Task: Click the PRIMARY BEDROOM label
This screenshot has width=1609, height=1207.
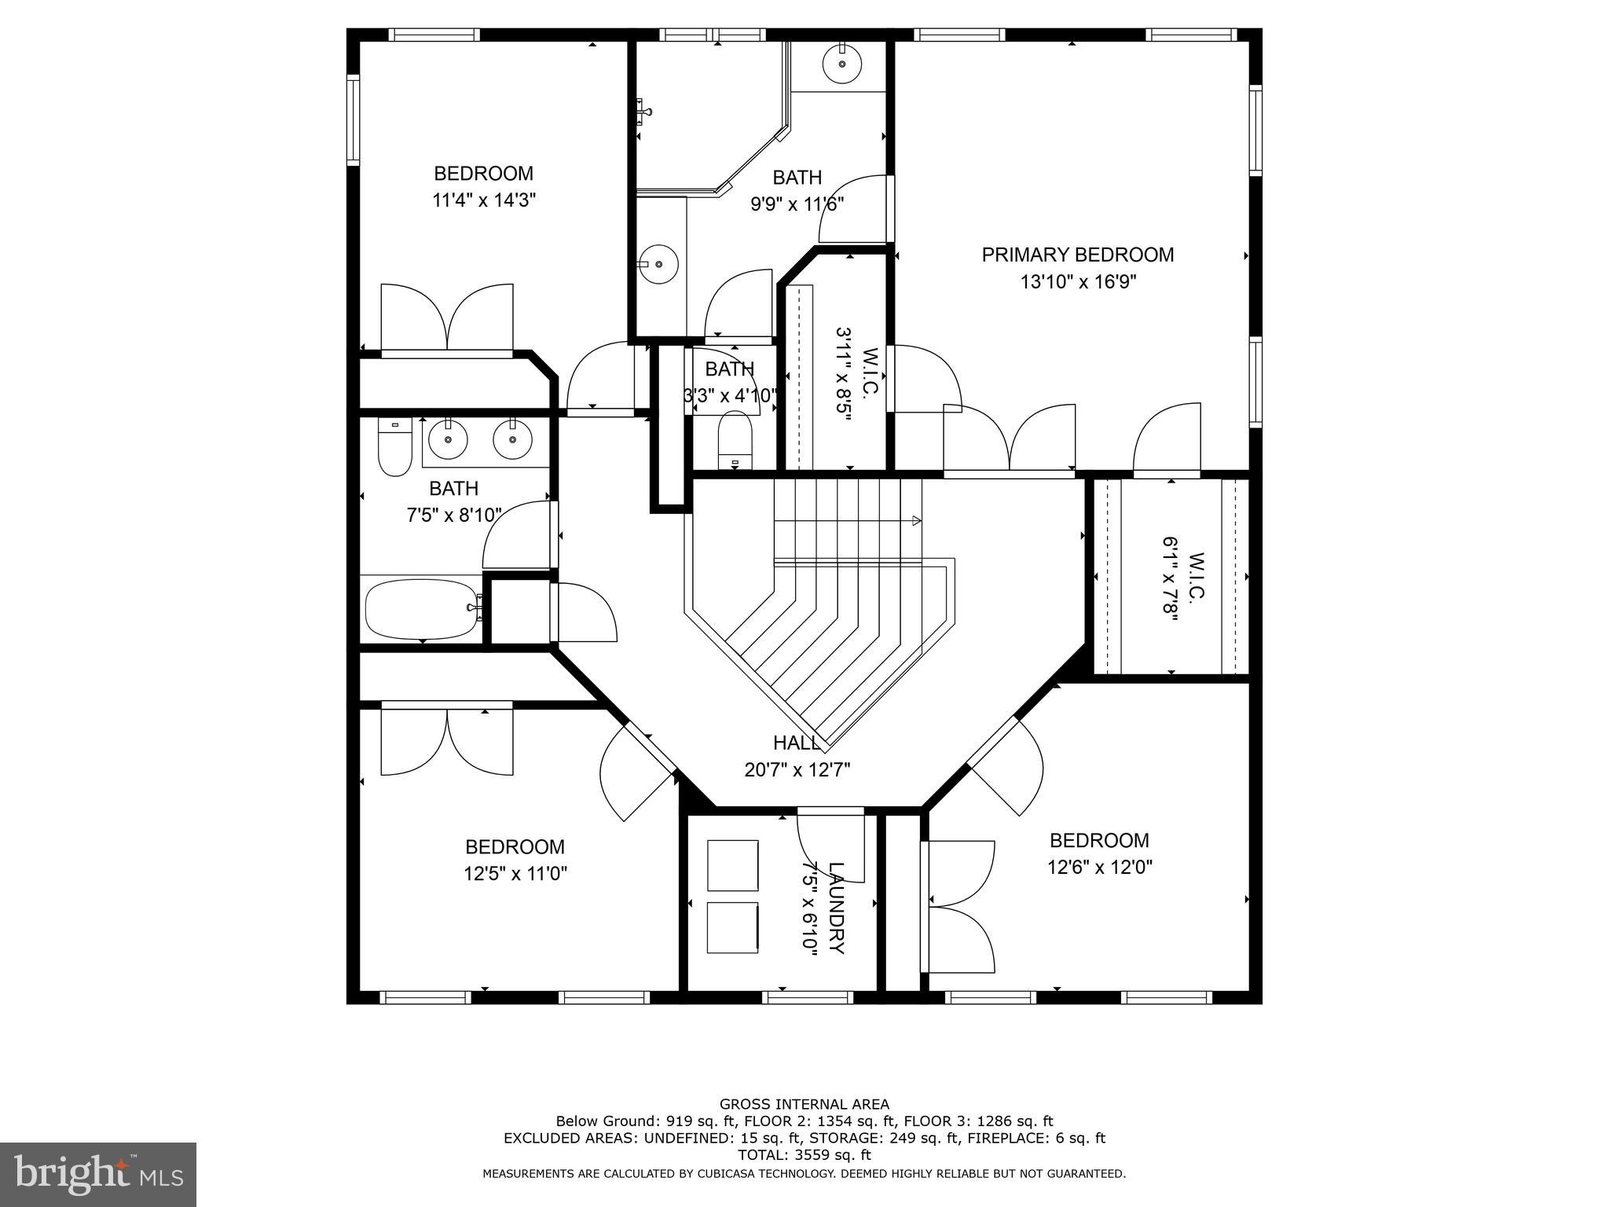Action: [x=1077, y=255]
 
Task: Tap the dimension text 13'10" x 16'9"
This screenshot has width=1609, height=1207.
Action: [x=1078, y=281]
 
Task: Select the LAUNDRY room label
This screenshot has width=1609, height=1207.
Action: [x=836, y=908]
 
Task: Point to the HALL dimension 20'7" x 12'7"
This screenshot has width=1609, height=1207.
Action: [x=797, y=769]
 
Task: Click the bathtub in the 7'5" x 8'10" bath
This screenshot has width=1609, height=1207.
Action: [x=422, y=609]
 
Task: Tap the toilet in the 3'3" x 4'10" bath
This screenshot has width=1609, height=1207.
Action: [x=735, y=440]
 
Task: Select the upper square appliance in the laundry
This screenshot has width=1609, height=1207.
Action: [x=732, y=864]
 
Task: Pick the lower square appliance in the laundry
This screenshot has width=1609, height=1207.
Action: [x=732, y=927]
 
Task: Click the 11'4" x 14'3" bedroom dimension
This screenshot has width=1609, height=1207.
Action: [x=484, y=200]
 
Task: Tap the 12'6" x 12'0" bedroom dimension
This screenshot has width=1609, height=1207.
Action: [x=1099, y=867]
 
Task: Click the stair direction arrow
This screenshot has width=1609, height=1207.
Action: [x=915, y=520]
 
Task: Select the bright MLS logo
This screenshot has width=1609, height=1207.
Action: [x=98, y=1175]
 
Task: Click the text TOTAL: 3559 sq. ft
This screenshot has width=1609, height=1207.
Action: [x=804, y=1154]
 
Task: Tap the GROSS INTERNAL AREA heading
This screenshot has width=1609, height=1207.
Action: [x=804, y=1104]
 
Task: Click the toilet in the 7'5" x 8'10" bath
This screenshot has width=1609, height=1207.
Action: [x=394, y=448]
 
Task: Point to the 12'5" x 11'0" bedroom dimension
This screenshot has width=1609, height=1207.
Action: [x=515, y=873]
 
